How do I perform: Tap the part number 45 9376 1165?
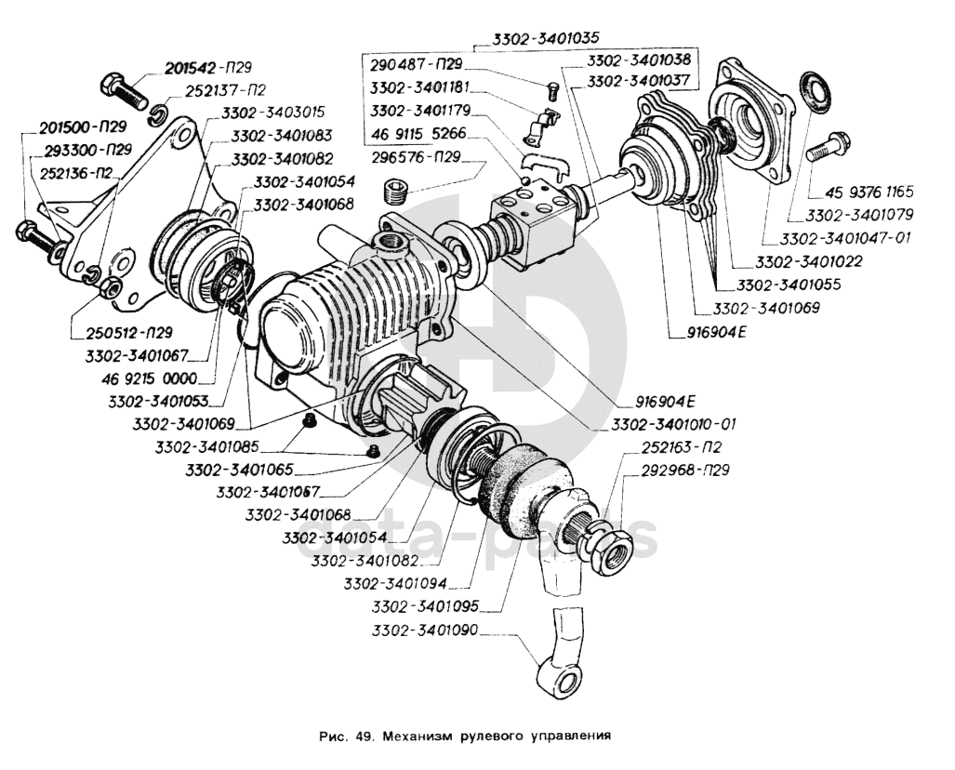pos(869,192)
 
